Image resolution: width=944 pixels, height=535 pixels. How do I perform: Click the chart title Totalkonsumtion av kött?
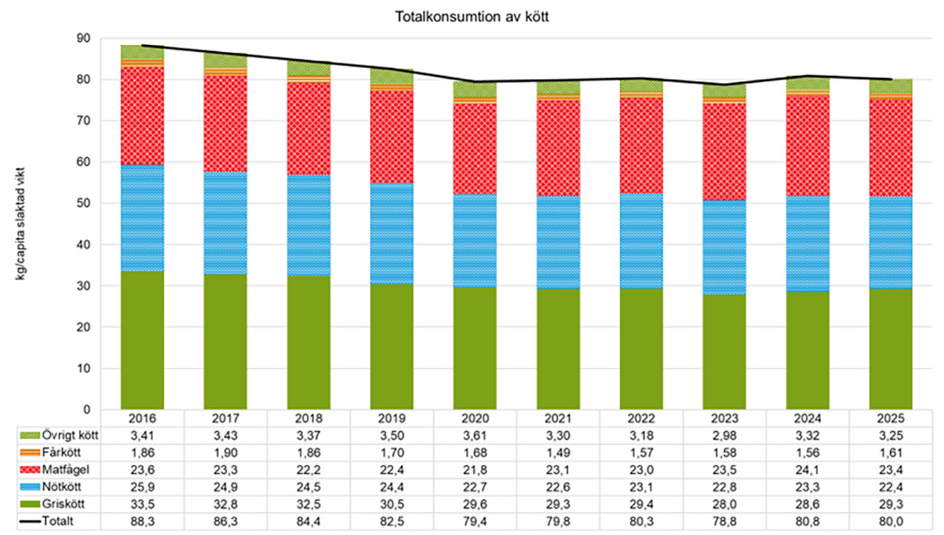[x=472, y=17]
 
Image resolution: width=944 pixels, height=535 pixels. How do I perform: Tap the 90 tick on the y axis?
[x=84, y=39]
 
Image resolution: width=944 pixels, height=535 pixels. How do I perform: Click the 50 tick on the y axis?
[x=84, y=203]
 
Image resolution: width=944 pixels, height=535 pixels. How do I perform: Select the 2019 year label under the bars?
[x=392, y=417]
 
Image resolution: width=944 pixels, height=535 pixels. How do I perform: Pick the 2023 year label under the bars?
[x=724, y=417]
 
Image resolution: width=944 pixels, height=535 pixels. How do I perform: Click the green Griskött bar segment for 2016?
[x=142, y=340]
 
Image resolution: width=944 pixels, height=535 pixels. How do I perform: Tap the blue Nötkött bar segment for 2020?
[x=475, y=241]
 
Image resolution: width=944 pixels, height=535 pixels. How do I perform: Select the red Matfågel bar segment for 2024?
[x=807, y=146]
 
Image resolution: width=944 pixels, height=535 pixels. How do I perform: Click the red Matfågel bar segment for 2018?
[x=309, y=128]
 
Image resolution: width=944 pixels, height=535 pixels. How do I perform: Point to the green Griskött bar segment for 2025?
[x=890, y=349]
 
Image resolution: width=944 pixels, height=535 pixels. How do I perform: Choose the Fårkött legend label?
[x=65, y=452]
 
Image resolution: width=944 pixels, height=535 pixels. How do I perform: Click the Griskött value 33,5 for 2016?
[x=142, y=504]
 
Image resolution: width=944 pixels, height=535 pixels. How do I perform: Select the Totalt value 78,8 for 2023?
[x=724, y=521]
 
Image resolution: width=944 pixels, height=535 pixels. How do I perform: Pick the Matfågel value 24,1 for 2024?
[x=807, y=470]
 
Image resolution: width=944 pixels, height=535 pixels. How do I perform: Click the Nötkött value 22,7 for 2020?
[x=475, y=486]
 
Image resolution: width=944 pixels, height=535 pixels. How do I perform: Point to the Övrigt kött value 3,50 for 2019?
[x=392, y=435]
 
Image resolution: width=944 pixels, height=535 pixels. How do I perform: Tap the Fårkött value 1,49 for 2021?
[x=558, y=452]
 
